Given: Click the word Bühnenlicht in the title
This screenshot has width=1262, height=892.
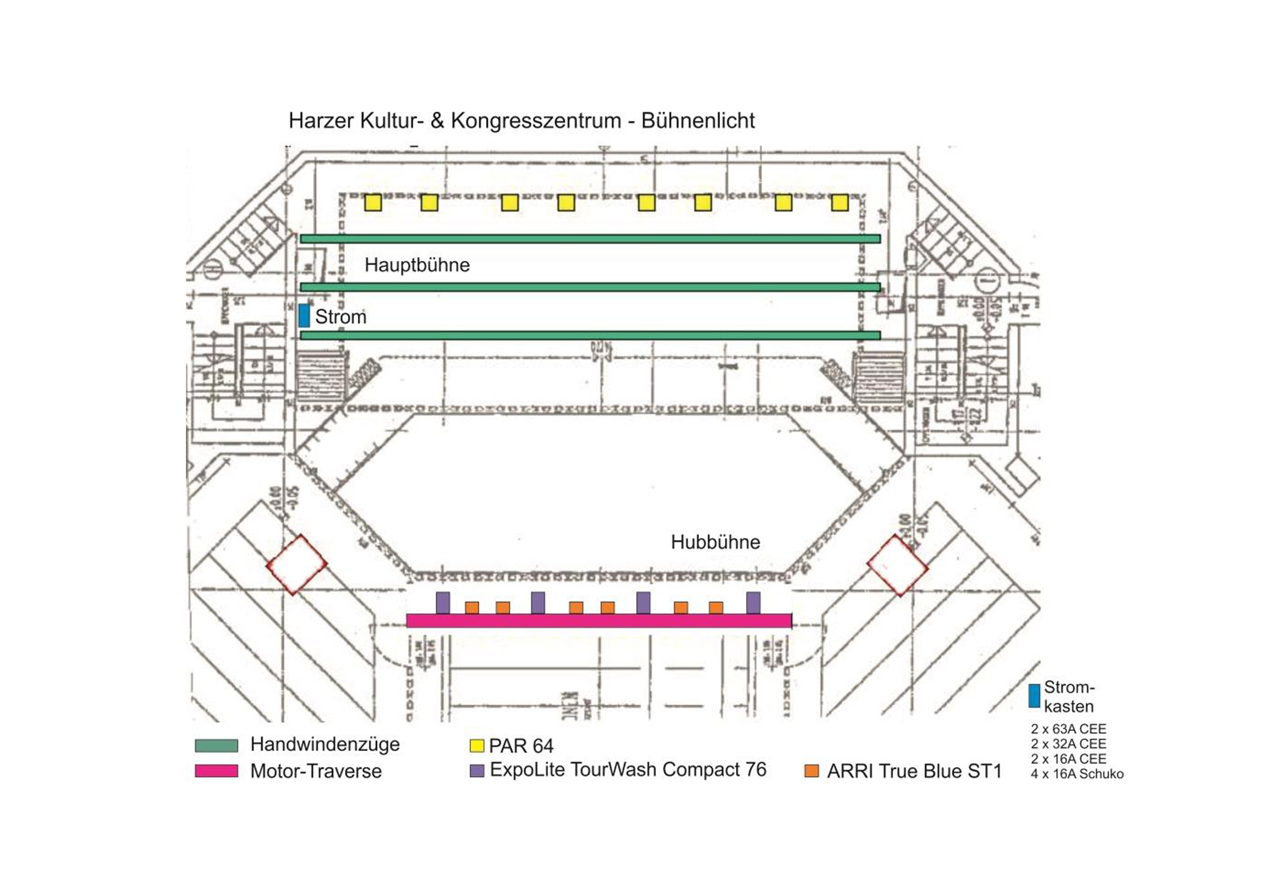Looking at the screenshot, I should [x=698, y=120].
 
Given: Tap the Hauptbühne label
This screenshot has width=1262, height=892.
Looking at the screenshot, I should [x=417, y=265].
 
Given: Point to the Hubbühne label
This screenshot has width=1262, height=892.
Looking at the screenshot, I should [x=715, y=542].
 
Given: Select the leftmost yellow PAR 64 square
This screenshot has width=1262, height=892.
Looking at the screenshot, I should [x=373, y=203].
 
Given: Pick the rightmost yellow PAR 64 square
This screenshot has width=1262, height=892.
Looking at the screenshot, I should [x=839, y=203].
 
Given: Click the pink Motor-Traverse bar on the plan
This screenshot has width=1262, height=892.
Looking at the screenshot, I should [x=599, y=620].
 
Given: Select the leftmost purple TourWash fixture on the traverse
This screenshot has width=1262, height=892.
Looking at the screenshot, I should [x=443, y=603].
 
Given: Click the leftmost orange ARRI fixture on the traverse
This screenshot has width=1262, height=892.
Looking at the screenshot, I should [x=472, y=607].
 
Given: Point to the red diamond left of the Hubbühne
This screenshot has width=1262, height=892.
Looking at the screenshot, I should [x=297, y=564].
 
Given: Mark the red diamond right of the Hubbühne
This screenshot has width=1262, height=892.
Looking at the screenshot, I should [x=898, y=565].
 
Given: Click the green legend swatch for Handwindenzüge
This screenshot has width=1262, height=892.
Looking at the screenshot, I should [x=217, y=745].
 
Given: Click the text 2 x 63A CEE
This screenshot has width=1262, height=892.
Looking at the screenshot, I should [x=1068, y=729].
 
